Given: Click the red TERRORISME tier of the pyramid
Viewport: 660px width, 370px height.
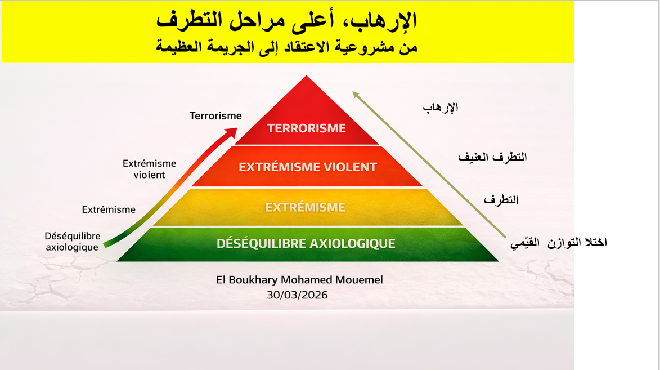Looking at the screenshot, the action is pyautogui.click(x=307, y=122).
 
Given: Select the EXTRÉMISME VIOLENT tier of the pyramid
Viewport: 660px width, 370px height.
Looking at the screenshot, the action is pyautogui.click(x=307, y=167).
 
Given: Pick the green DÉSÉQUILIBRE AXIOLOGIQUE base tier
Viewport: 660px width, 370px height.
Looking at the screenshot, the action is pyautogui.click(x=307, y=244).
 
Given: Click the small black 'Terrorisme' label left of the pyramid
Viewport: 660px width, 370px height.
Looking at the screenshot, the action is pyautogui.click(x=215, y=116).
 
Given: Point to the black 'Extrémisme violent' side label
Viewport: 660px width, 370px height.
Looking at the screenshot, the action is pyautogui.click(x=150, y=169).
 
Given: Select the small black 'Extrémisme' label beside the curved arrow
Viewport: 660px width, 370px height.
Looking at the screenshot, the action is pyautogui.click(x=109, y=209).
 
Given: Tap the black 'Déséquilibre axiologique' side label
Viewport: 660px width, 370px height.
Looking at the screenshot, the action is pyautogui.click(x=73, y=242).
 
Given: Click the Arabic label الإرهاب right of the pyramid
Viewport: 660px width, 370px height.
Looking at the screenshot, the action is pyautogui.click(x=440, y=108).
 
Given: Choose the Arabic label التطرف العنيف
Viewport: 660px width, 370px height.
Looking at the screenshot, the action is pyautogui.click(x=492, y=157).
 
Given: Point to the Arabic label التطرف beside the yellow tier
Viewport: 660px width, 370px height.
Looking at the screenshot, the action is pyautogui.click(x=501, y=199).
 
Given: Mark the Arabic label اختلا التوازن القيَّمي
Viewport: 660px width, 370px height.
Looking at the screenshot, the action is pyautogui.click(x=559, y=242).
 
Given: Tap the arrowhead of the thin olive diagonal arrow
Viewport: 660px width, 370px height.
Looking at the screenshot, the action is pyautogui.click(x=356, y=95).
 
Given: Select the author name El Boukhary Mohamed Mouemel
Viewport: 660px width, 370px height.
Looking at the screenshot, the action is pyautogui.click(x=299, y=280).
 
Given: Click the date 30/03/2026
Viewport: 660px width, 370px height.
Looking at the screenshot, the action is pyautogui.click(x=297, y=295).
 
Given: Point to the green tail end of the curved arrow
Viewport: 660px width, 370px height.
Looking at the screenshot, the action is pyautogui.click(x=105, y=244).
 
